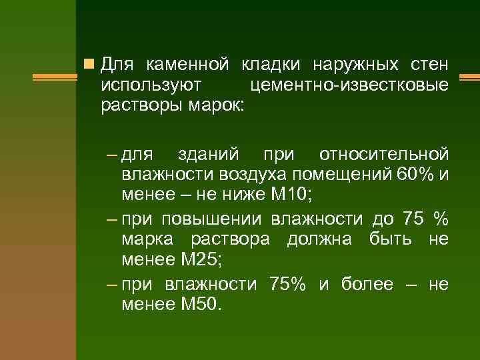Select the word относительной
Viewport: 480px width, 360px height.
pos(383,155)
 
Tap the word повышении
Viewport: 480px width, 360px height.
pos(213,219)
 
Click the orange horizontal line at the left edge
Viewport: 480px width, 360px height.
pos(37,77)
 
